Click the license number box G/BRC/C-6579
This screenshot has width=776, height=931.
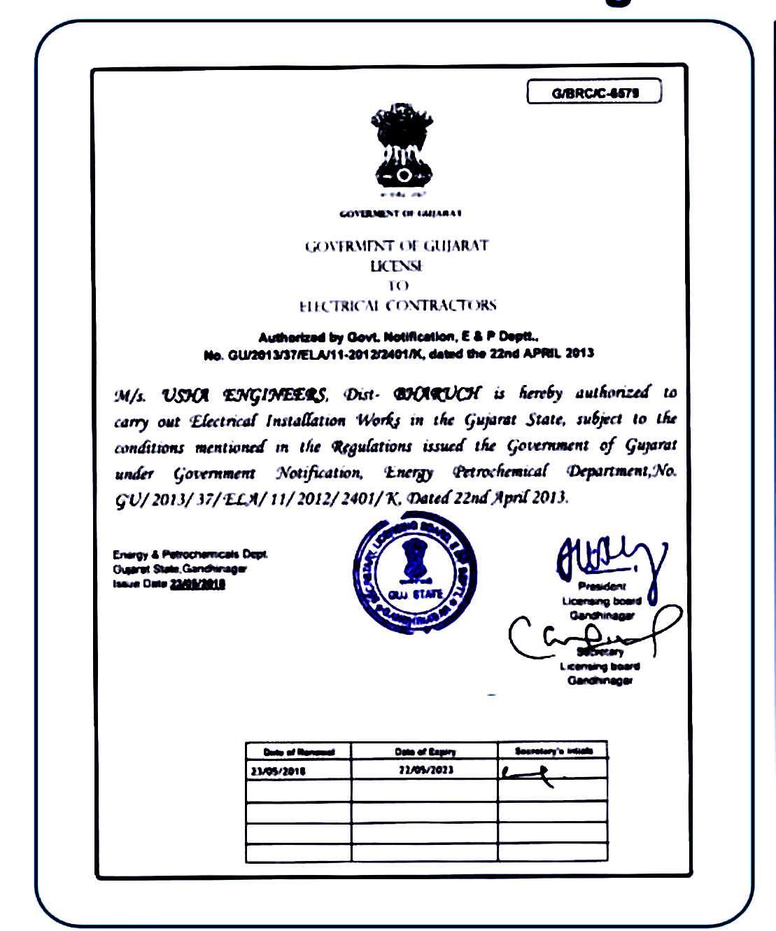point(594,92)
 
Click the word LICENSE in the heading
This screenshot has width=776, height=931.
point(397,266)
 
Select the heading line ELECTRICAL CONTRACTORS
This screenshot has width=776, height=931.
point(397,306)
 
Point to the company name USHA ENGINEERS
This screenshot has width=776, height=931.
point(244,396)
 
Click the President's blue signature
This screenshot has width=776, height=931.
point(609,557)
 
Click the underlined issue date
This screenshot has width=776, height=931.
point(197,584)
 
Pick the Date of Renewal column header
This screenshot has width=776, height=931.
point(299,752)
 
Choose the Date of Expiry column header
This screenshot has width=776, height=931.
point(425,752)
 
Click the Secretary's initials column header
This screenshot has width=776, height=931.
point(553,751)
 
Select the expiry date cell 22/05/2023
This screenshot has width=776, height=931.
point(425,770)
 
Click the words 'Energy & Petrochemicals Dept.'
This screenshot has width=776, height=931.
point(190,554)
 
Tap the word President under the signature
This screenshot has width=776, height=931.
point(602,587)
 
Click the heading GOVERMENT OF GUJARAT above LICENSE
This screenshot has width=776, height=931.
point(397,246)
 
